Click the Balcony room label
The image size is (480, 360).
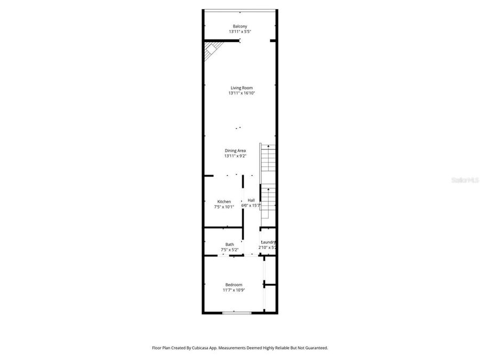pos(239,26)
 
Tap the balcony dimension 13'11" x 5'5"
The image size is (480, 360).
pos(239,31)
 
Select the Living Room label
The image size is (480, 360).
pos(241,88)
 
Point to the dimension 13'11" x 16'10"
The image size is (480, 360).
pos(241,93)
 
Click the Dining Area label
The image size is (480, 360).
pos(235,151)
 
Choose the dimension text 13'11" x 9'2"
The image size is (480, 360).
pos(235,156)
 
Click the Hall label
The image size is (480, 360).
pos(251,201)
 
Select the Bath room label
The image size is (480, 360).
pos(229,245)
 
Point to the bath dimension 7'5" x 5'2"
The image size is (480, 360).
pos(229,250)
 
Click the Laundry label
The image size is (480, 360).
pos(268,242)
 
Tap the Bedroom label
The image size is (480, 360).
pos(234,285)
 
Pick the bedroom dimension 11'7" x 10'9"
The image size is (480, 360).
pos(234,290)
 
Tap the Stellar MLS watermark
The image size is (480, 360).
pos(465,181)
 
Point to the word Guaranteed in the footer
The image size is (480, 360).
pos(315,348)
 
